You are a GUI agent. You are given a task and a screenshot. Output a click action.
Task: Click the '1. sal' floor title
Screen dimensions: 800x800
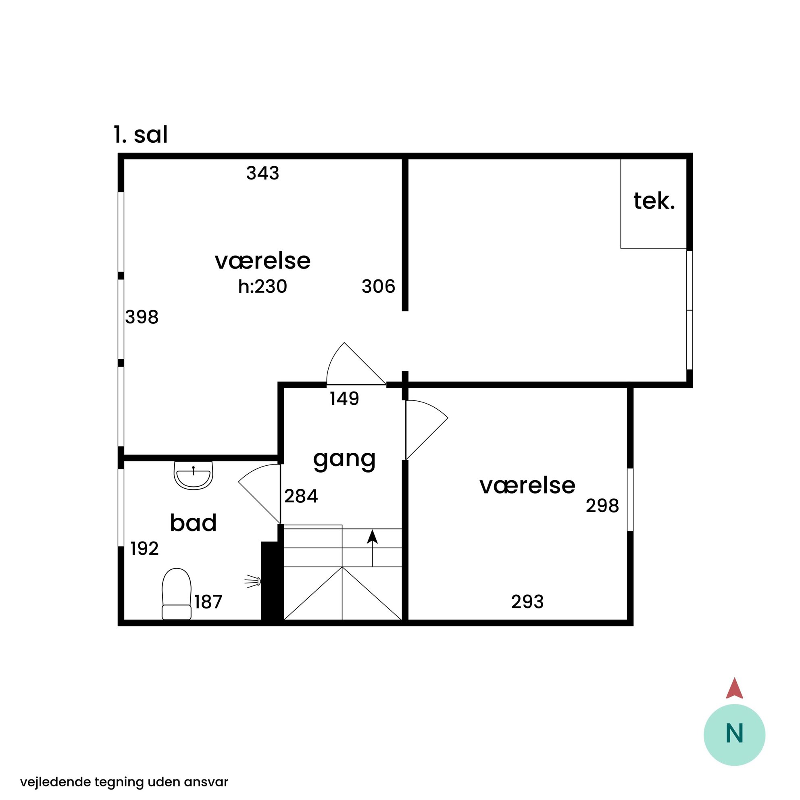pos(141,135)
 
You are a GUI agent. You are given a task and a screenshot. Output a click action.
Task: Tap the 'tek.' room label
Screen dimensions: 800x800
pos(654,201)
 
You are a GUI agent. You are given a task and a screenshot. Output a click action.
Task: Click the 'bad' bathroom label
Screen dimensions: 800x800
pos(194,523)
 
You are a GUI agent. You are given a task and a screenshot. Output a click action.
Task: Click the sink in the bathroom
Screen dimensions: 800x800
pos(194,475)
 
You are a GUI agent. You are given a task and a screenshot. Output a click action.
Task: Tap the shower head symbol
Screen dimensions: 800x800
pos(253,581)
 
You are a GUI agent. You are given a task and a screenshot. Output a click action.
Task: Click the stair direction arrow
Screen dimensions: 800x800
pos(372,548)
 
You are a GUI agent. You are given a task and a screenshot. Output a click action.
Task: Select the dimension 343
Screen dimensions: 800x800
pos(263,173)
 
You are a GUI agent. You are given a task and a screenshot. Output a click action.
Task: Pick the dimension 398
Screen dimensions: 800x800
pos(142,317)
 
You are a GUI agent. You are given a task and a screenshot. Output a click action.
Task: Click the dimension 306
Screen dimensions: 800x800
pos(379,287)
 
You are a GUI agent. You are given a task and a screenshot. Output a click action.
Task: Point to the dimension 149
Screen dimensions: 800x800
pos(344,399)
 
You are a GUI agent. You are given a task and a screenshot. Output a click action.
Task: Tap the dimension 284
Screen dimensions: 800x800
pos(301,496)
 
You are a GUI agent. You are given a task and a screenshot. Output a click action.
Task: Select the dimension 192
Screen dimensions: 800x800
pos(144,549)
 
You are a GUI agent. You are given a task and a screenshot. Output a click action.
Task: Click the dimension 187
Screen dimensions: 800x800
pos(208,602)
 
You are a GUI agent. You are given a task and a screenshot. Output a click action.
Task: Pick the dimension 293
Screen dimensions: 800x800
pos(527,602)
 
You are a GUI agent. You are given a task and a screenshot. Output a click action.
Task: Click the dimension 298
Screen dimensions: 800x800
pos(602,506)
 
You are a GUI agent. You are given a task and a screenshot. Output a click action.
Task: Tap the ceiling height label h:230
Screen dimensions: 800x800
pos(262,287)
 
